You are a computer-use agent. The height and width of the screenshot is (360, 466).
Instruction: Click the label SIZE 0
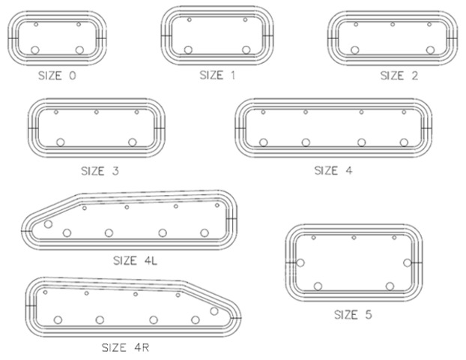57,76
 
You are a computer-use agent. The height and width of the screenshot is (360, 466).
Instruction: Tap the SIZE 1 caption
217,75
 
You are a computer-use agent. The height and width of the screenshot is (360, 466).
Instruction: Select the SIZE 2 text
399,76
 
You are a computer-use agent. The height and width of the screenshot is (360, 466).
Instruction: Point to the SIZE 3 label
100,171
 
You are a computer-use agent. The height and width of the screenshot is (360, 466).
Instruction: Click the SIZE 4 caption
333,171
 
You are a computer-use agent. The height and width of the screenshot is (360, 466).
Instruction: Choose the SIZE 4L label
135,261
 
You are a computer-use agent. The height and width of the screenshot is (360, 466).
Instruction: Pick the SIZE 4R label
125,347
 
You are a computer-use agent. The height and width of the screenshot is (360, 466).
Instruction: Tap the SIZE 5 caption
353,314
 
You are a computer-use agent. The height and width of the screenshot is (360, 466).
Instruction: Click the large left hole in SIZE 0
35,50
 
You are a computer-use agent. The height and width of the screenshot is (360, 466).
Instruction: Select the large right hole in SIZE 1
246,49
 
